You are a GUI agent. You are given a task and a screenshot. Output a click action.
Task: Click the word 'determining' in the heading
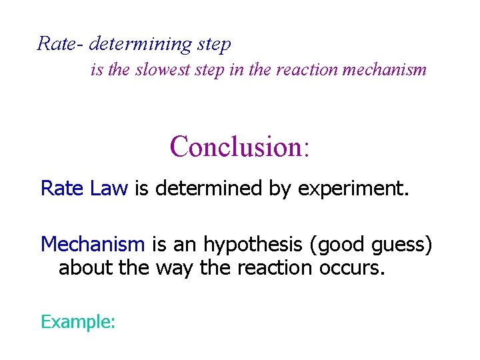(x=140, y=45)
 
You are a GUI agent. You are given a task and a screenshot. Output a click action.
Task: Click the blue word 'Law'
(x=108, y=189)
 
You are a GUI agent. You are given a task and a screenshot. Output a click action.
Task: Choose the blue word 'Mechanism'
(x=93, y=245)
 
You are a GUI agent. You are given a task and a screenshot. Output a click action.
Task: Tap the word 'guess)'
(x=400, y=245)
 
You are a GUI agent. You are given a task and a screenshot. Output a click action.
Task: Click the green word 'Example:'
(x=79, y=323)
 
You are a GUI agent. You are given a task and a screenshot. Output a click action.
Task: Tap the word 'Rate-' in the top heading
(x=60, y=45)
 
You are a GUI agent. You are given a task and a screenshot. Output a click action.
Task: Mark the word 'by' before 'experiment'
(x=280, y=189)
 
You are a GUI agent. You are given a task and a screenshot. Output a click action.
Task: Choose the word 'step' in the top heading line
(x=214, y=45)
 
